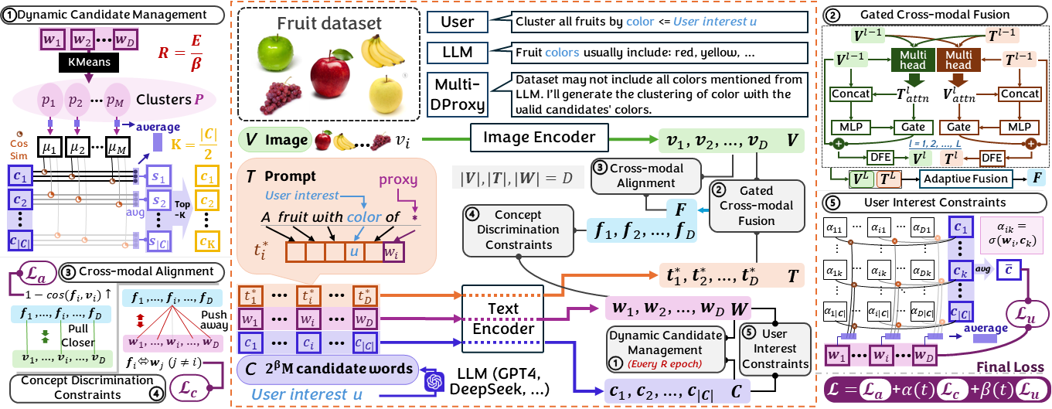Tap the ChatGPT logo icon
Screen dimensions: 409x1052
click(437, 381)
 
